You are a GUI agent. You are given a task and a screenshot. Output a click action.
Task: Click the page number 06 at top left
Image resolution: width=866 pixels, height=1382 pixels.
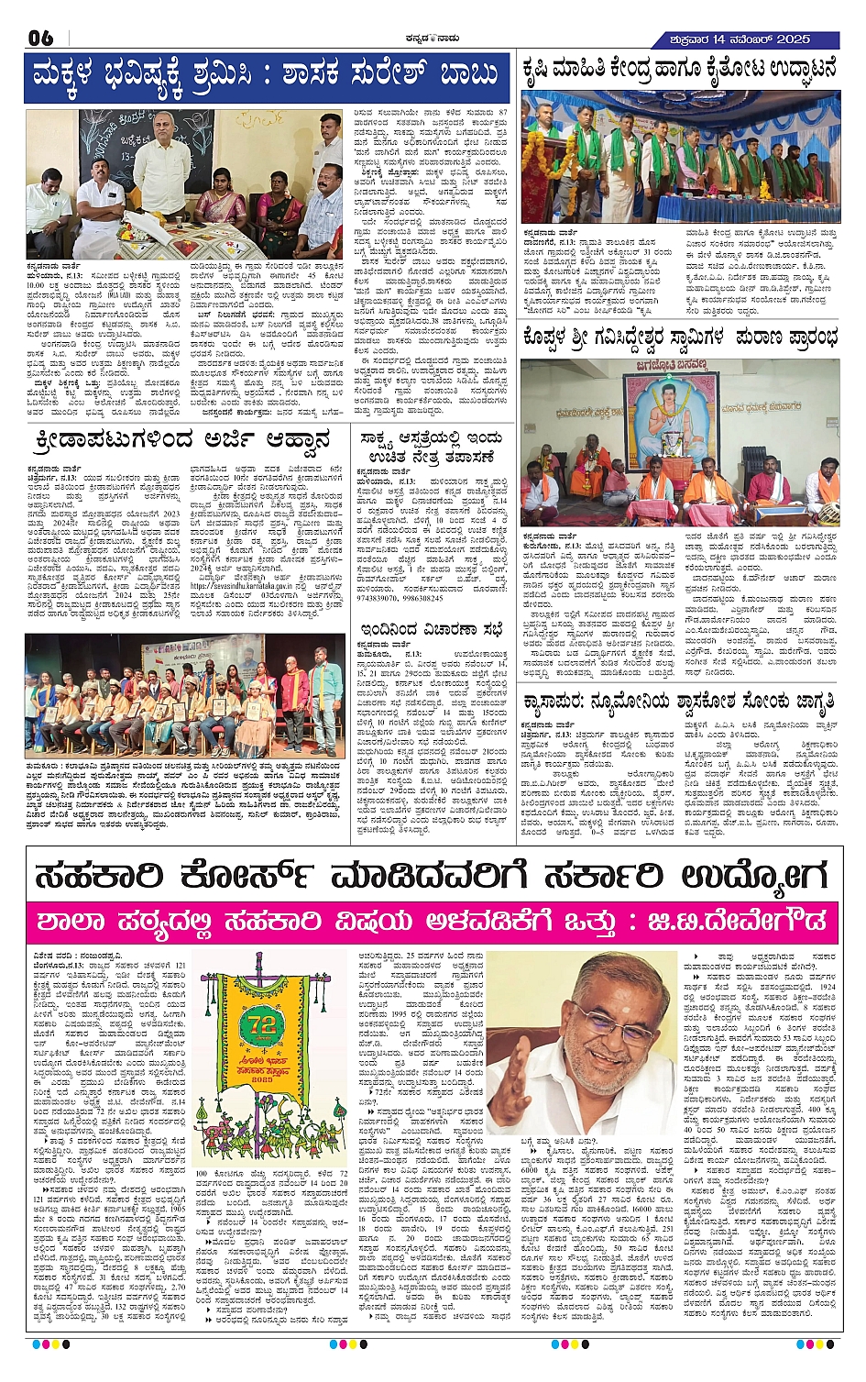[41, 39]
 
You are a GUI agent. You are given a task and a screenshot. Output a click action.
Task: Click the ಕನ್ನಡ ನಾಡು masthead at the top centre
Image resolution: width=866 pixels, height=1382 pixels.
[433, 39]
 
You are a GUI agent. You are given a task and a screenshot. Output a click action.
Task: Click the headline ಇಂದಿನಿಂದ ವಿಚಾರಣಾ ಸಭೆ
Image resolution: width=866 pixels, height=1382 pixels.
[432, 628]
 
